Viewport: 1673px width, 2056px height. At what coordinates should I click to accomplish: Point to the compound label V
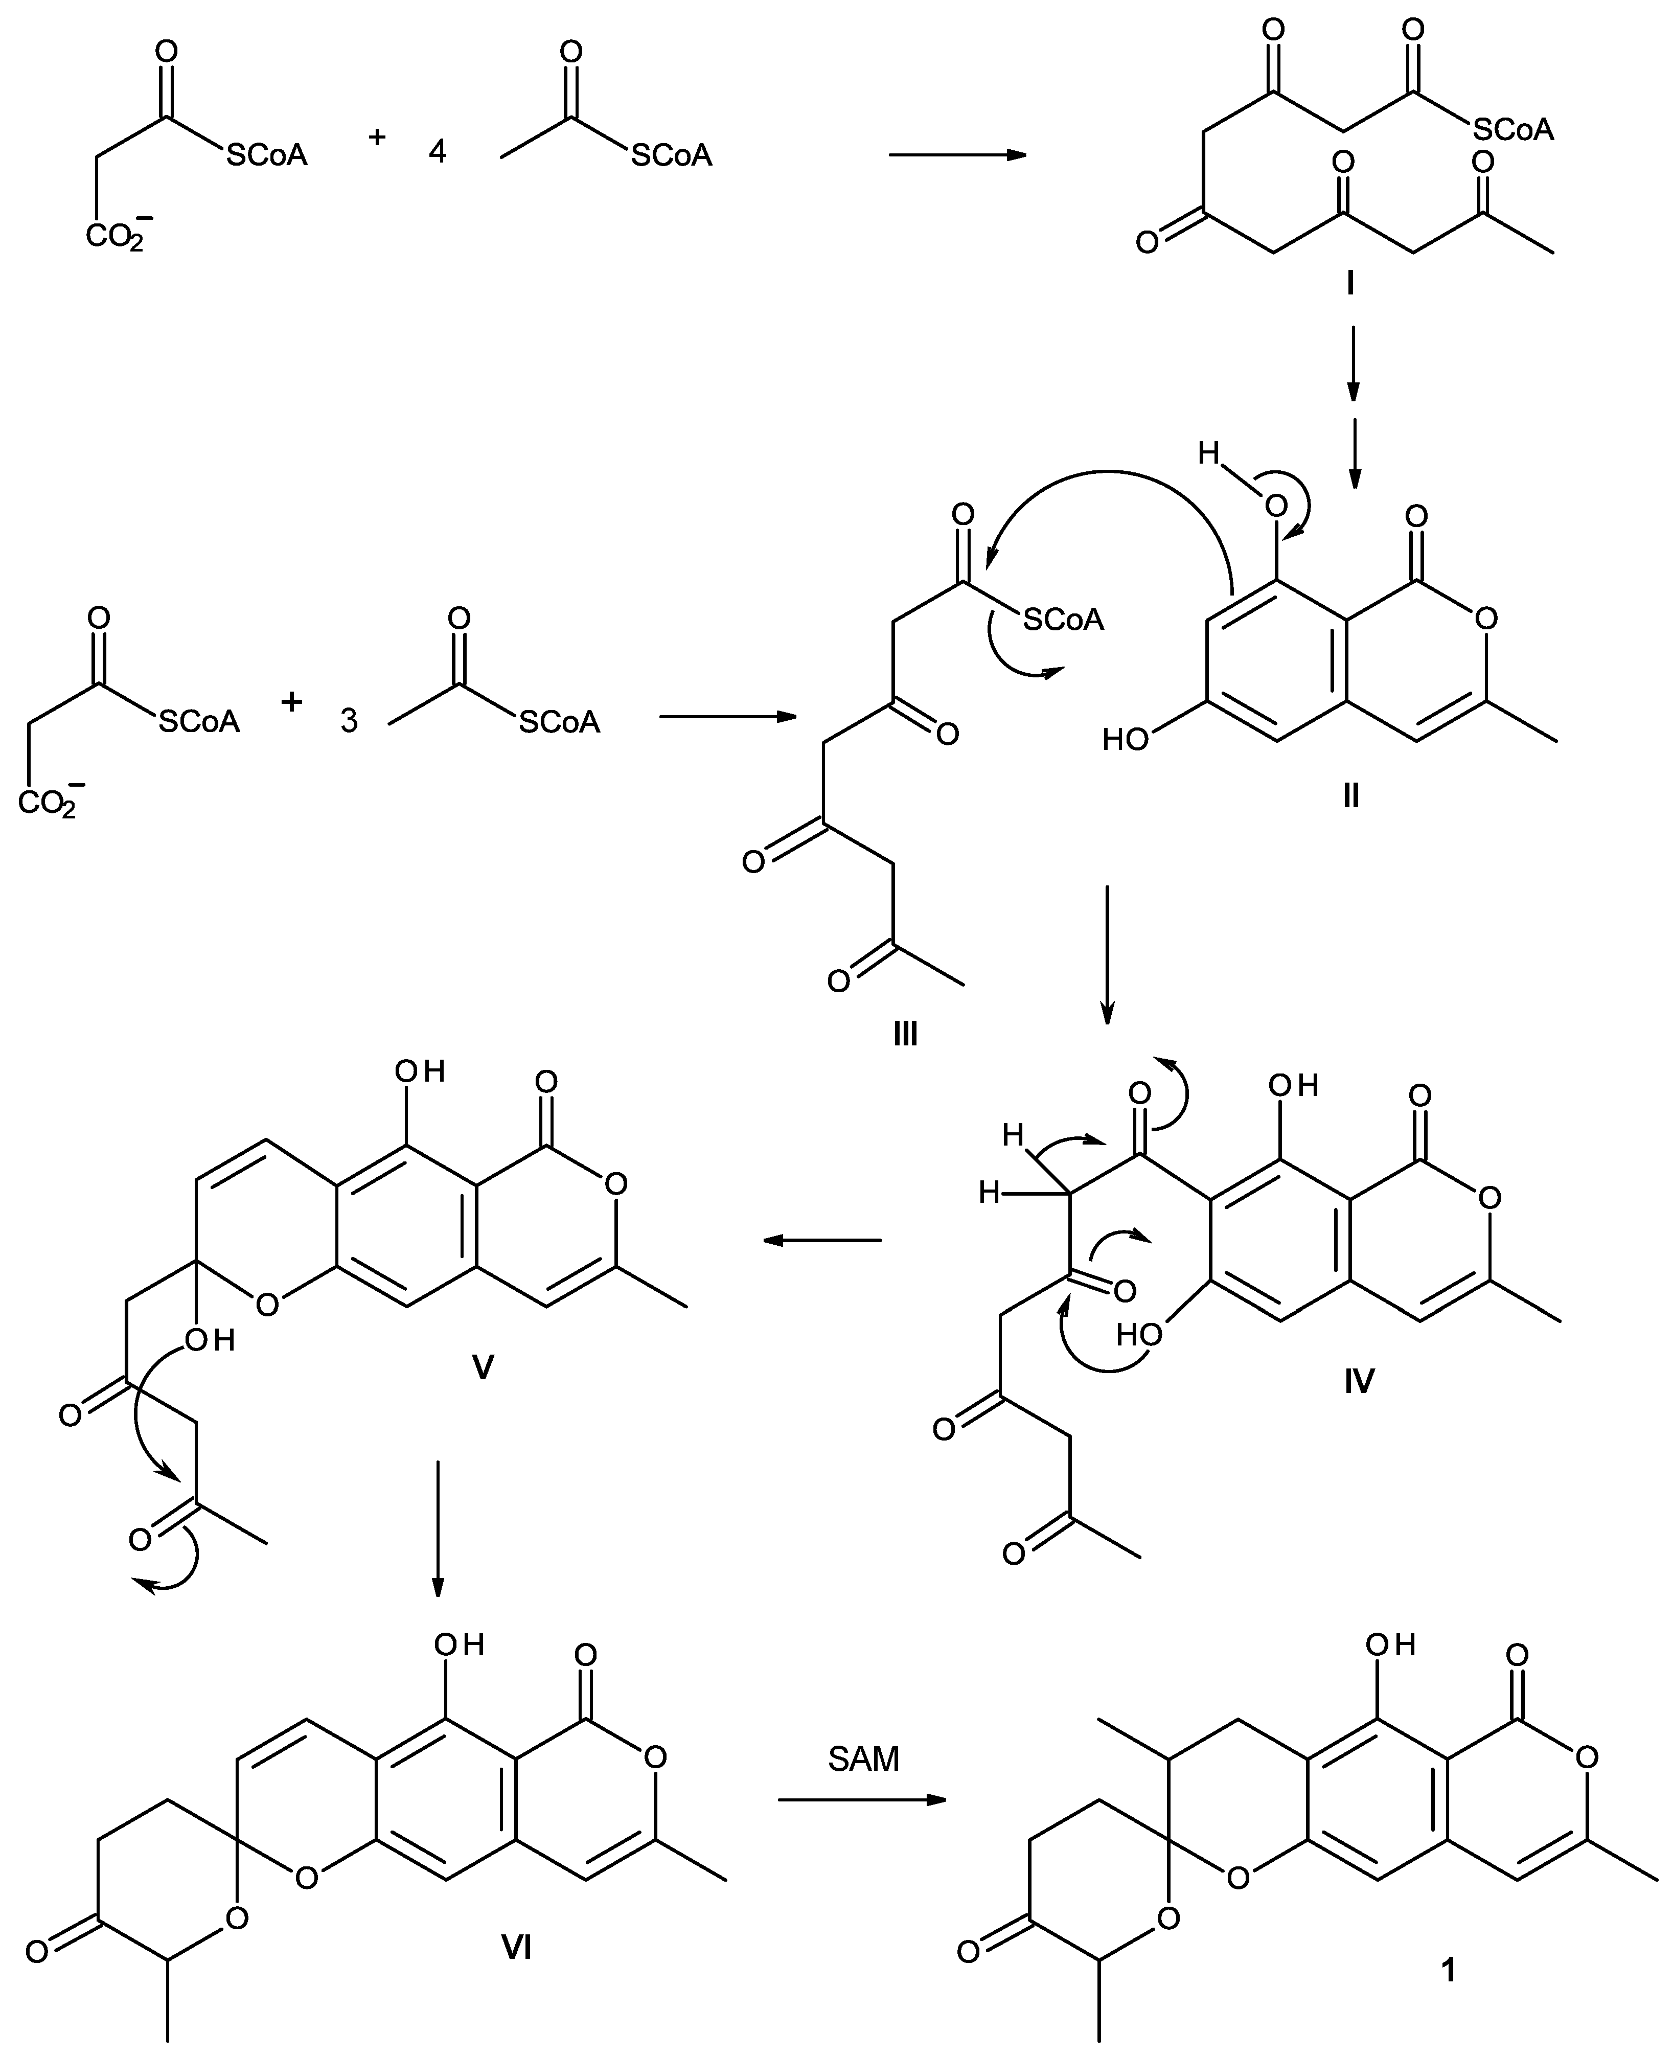[482, 1367]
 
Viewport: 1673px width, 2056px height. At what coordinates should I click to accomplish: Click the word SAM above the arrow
[863, 1759]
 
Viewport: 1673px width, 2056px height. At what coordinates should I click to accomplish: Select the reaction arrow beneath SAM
[862, 1799]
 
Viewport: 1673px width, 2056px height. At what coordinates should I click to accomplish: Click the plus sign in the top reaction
[377, 137]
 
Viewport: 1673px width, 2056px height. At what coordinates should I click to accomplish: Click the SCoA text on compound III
[1063, 620]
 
